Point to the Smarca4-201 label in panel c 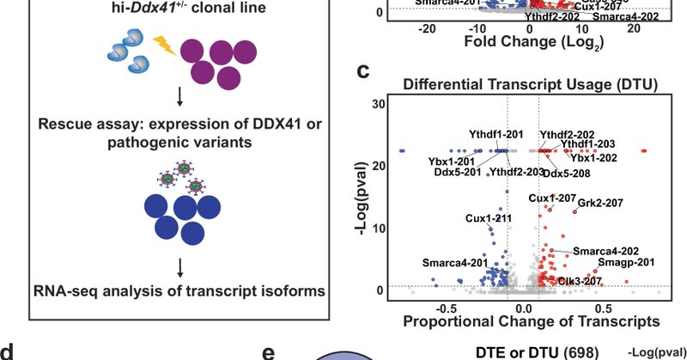click(x=455, y=262)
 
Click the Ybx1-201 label click(x=429, y=160)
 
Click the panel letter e click(x=269, y=352)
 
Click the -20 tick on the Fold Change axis click(x=425, y=27)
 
